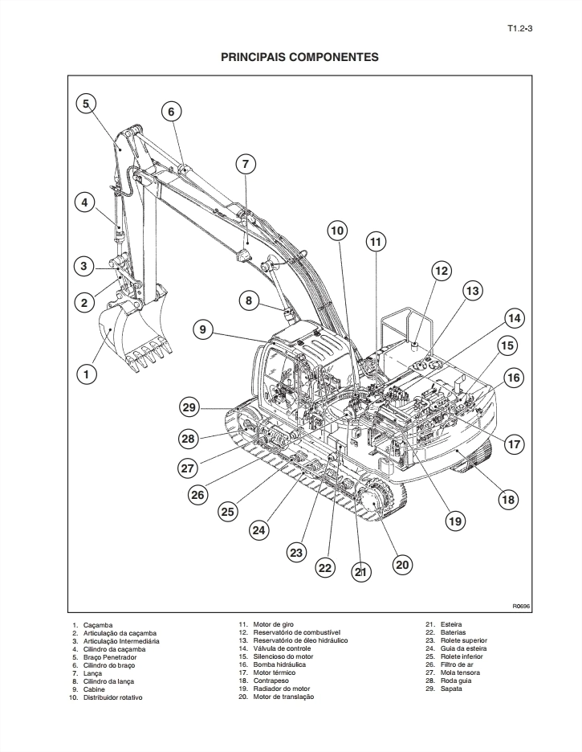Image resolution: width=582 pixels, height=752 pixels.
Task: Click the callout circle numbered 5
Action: (x=87, y=103)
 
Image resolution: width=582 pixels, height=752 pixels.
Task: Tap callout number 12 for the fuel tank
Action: (x=442, y=272)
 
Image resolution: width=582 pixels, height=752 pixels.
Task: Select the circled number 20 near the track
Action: (x=403, y=565)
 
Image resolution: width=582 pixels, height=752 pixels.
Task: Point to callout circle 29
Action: (x=189, y=408)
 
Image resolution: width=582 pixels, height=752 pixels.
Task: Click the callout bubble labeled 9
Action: (x=204, y=329)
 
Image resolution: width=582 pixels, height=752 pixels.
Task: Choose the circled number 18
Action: (x=508, y=500)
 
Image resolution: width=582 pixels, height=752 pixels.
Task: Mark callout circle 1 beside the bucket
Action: (x=87, y=374)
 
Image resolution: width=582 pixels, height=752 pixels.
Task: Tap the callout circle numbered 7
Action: (x=246, y=164)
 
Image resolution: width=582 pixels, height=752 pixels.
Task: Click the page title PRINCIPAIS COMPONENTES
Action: (x=299, y=58)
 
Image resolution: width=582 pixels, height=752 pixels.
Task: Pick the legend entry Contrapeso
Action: (x=274, y=680)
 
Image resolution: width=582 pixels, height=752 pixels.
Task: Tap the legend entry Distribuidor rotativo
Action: (x=113, y=697)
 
